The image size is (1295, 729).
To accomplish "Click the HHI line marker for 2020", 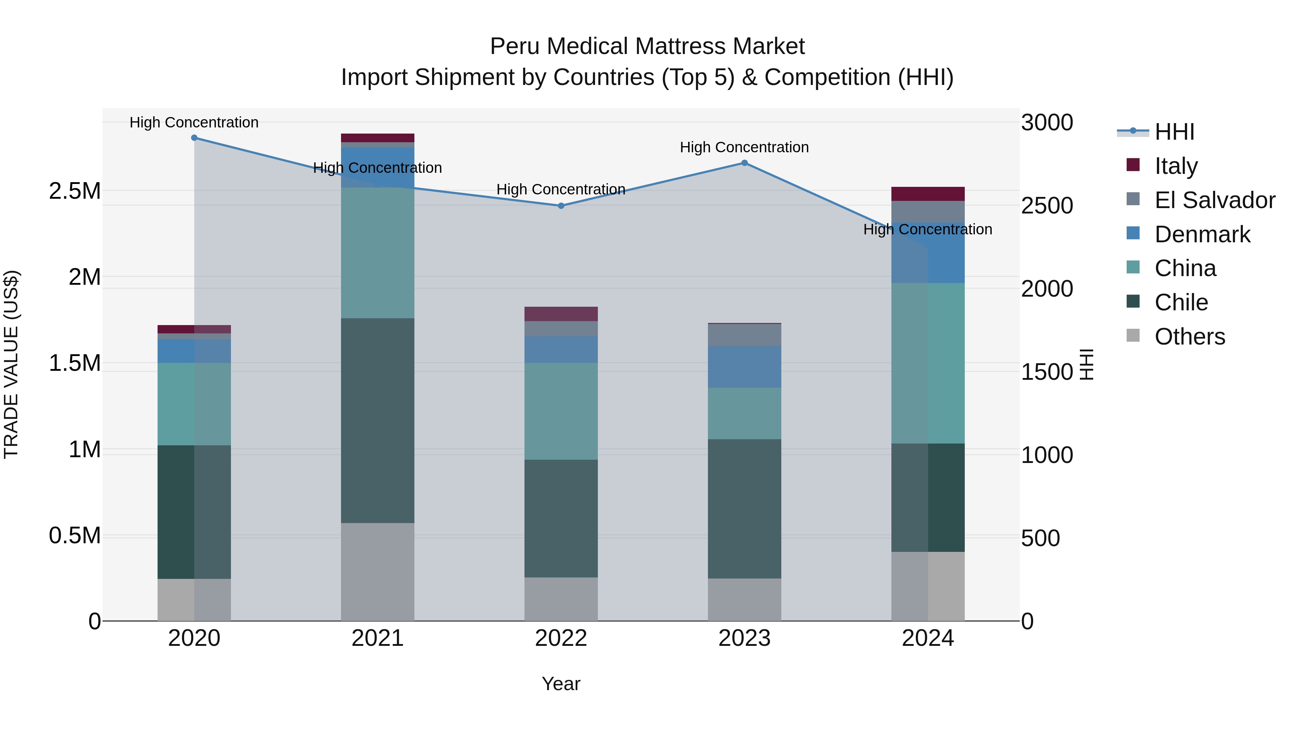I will click(x=194, y=138).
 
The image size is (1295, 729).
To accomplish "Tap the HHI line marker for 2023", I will click(x=745, y=163).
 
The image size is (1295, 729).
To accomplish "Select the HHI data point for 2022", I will click(x=561, y=206).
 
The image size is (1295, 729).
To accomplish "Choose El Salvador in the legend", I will click(x=1214, y=200).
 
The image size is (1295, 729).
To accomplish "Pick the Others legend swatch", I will click(x=1133, y=335).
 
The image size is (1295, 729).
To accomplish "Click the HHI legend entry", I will click(x=1174, y=132).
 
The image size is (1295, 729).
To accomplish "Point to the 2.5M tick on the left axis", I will click(x=74, y=191).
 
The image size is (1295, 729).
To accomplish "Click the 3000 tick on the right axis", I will click(x=1047, y=123).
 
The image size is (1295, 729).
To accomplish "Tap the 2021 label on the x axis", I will click(x=378, y=638).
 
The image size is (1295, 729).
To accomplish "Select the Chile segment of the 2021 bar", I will click(x=378, y=420).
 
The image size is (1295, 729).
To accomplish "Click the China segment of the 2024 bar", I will click(x=928, y=363).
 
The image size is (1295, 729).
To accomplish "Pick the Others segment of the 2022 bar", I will click(x=561, y=599).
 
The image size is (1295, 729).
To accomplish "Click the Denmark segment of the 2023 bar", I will click(x=745, y=367).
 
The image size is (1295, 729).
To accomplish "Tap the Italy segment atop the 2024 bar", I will click(x=928, y=194).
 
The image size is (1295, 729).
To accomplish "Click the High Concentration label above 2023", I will click(x=745, y=147).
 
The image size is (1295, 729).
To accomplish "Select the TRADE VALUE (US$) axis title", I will click(x=11, y=364).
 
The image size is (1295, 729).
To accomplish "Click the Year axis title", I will click(x=561, y=684).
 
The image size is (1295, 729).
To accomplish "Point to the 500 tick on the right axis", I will click(x=1041, y=538).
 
